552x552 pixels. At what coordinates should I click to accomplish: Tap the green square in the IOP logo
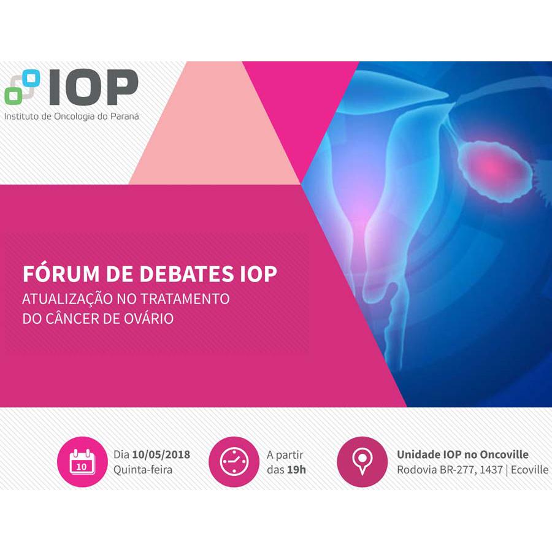click(x=13, y=95)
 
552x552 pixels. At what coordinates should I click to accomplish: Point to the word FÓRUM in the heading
click(x=61, y=274)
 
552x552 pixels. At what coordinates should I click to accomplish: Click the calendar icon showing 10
click(x=82, y=462)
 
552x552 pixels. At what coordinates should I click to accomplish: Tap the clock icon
click(x=234, y=462)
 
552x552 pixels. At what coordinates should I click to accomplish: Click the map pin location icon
click(x=362, y=462)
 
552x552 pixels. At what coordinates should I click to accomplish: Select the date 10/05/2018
click(x=161, y=454)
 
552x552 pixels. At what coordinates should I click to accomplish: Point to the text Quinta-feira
click(x=142, y=470)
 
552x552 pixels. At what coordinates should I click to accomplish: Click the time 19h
click(x=296, y=470)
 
